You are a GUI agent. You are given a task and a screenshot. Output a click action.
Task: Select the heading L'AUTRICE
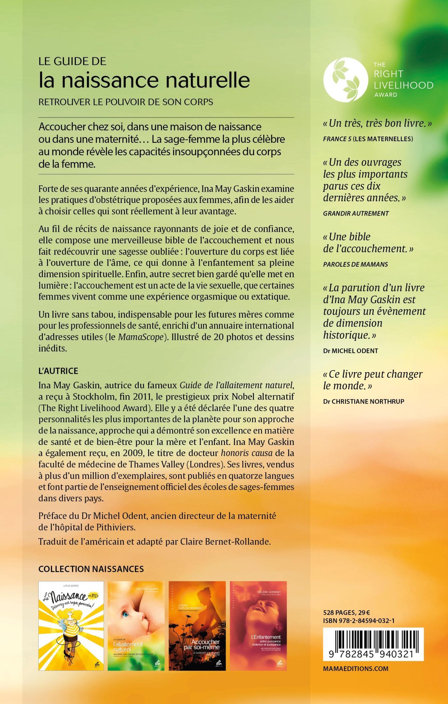58,371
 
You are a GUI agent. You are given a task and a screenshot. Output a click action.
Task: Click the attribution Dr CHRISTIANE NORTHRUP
364,401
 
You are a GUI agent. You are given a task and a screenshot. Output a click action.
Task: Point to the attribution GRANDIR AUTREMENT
356,213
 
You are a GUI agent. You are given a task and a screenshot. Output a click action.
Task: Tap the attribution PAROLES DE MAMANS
356,264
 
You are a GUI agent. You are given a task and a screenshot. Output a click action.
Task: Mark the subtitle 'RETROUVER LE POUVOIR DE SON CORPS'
126,102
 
